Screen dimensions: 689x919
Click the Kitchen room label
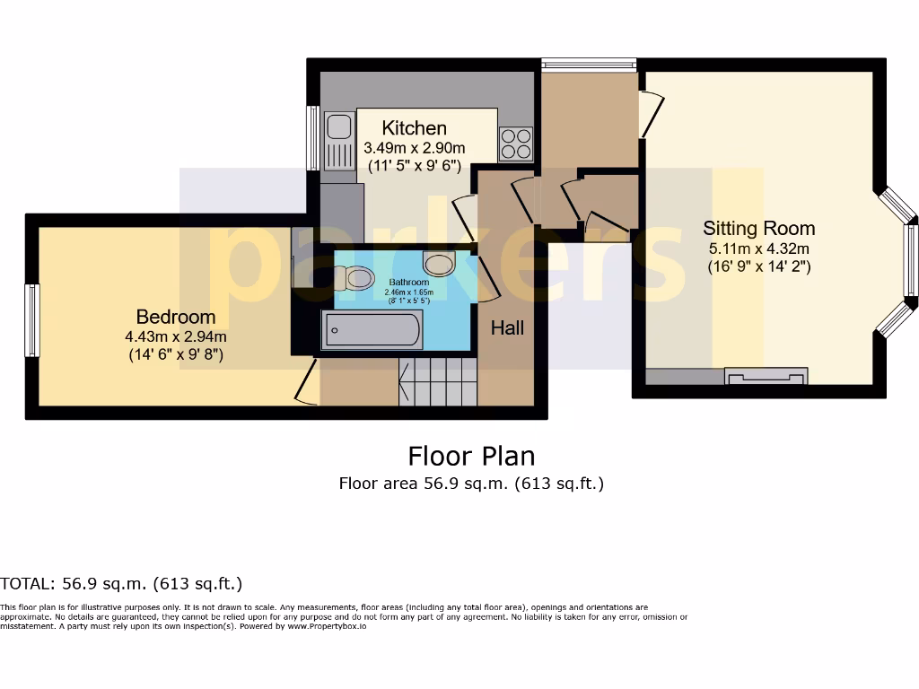point(414,127)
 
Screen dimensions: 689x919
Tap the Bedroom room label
point(176,317)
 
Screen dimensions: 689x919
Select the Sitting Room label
point(758,228)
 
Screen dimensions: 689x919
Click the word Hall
point(507,328)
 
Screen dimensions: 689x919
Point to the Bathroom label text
point(409,282)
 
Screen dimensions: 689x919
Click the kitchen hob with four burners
point(515,144)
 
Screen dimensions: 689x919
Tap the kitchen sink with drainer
point(339,141)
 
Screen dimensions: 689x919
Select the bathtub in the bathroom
point(372,330)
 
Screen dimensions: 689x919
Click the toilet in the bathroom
point(355,278)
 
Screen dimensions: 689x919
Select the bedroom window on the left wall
point(32,320)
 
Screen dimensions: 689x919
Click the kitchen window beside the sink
point(313,138)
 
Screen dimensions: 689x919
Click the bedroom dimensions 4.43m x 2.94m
point(176,336)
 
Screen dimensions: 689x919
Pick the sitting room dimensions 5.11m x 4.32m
point(758,249)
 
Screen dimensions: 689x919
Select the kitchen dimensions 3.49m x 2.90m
point(414,148)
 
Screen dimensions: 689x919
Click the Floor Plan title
point(471,456)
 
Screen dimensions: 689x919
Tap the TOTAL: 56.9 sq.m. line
point(121,584)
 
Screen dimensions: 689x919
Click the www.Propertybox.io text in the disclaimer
point(327,626)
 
